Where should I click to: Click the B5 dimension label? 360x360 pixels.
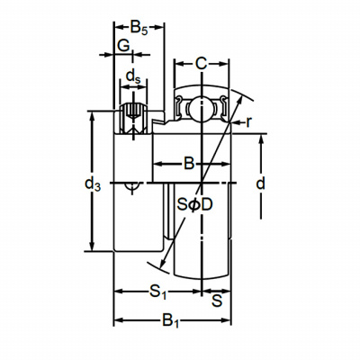click(x=139, y=28)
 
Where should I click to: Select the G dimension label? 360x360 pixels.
click(x=123, y=46)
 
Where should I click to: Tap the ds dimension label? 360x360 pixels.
click(x=133, y=76)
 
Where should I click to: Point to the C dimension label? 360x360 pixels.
click(x=201, y=63)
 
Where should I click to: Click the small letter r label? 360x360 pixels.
click(x=248, y=122)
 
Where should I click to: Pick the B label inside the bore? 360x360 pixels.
click(x=189, y=164)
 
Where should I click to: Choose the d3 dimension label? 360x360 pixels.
click(x=93, y=184)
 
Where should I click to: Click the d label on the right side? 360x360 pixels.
click(x=261, y=184)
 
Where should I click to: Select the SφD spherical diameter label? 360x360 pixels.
click(x=194, y=204)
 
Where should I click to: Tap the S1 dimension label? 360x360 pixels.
click(x=158, y=292)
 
